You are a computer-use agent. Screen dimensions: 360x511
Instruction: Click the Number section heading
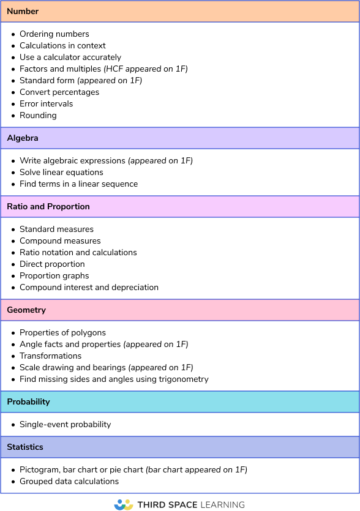(23, 12)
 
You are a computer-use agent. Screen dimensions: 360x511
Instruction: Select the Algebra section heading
(23, 138)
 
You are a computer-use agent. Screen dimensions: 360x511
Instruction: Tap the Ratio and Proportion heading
(48, 207)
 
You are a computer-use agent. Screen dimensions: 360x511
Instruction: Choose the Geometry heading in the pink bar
(26, 310)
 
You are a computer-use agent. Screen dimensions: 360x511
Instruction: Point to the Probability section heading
(29, 402)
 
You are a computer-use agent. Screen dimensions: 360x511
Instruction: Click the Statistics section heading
(25, 447)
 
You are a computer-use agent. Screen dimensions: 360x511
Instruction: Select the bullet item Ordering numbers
(54, 34)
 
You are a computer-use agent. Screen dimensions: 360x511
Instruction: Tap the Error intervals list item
(46, 104)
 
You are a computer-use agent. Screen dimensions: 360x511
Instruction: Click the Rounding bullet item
(38, 116)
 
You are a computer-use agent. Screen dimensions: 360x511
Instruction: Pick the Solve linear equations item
(61, 173)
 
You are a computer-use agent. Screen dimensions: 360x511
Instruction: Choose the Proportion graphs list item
(54, 276)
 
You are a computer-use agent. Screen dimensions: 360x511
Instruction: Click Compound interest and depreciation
(89, 288)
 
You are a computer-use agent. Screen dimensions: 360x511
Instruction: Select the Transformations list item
(50, 356)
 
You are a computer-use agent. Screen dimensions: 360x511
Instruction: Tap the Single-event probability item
(65, 425)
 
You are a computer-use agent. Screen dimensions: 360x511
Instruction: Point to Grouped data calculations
(69, 482)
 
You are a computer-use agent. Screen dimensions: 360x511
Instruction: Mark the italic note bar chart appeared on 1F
(196, 470)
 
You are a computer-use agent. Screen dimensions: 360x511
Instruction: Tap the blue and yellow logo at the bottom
(124, 504)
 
